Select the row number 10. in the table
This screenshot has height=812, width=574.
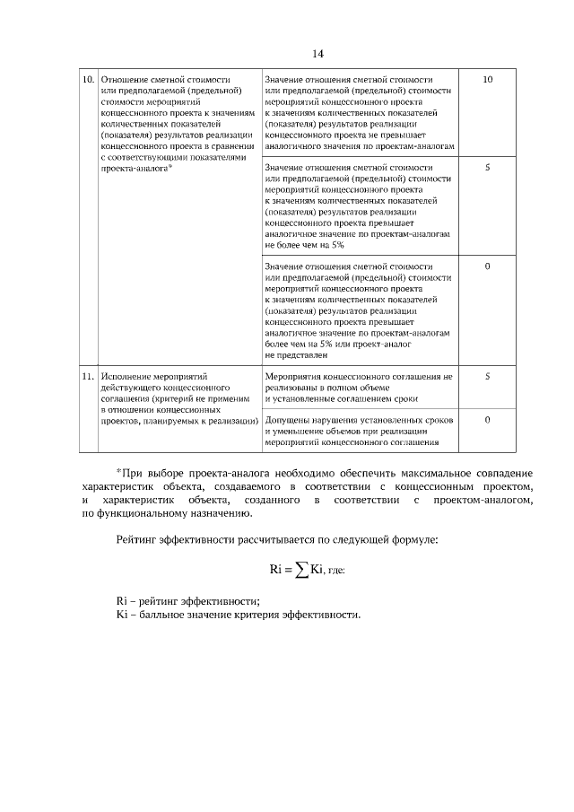tap(88, 80)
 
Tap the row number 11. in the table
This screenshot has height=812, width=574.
tap(88, 377)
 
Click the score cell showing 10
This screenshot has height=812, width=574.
tap(487, 80)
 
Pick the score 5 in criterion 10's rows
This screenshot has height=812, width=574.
tap(487, 168)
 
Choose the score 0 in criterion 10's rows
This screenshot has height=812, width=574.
tap(487, 266)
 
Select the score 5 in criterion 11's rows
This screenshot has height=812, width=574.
tap(487, 377)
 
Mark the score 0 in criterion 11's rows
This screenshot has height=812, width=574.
tap(487, 420)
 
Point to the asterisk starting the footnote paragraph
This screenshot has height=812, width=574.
tap(119, 471)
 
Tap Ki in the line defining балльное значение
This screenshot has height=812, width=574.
tap(124, 616)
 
